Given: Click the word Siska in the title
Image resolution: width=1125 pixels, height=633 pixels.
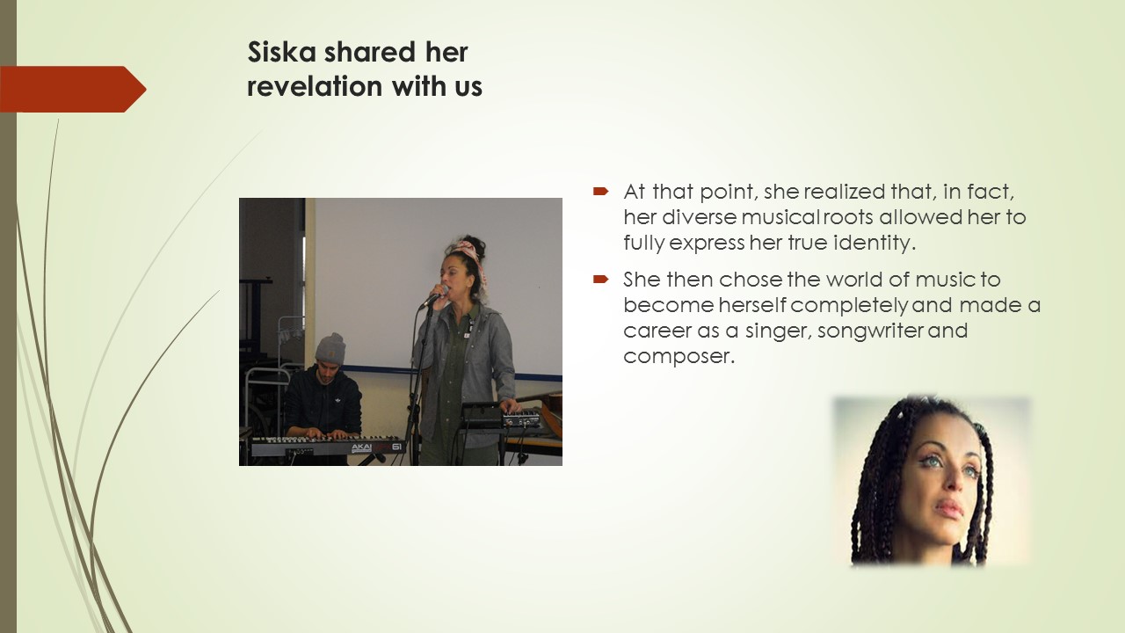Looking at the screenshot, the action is [282, 52].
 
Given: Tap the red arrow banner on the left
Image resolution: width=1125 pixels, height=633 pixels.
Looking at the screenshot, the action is [73, 89].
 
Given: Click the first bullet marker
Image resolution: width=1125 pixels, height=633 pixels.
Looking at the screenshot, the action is [600, 191].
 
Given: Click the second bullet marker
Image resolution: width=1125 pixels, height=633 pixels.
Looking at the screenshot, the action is [600, 279].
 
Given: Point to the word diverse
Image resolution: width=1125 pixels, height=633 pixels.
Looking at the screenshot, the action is [699, 217].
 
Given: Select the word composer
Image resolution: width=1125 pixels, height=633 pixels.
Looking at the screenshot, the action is [679, 357].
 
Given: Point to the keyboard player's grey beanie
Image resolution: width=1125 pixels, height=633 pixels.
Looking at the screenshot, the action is [330, 347].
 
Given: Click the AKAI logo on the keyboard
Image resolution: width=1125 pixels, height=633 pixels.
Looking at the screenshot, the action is [361, 447].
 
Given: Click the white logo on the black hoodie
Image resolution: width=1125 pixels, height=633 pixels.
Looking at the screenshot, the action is [337, 401].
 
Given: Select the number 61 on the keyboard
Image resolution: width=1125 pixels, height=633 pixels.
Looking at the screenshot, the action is [396, 447].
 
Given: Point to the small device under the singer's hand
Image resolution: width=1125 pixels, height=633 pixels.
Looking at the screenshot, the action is [521, 418].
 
